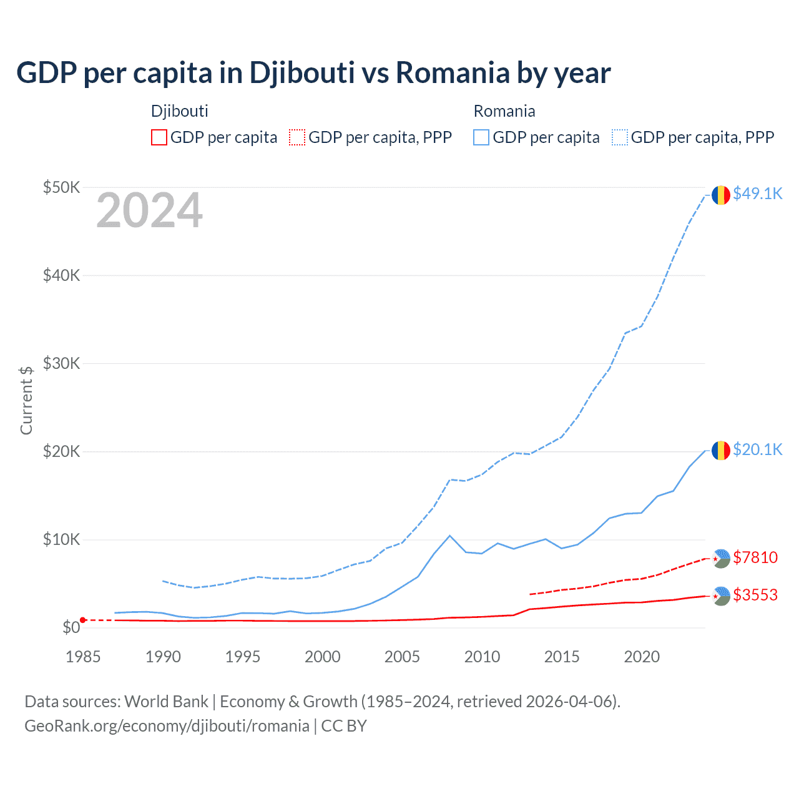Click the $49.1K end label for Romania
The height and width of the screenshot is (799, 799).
[757, 194]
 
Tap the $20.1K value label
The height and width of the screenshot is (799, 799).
[757, 450]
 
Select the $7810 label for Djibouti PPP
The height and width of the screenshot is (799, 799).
[755, 557]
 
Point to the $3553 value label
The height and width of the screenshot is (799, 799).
[755, 595]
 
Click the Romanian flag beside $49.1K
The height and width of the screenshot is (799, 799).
[721, 195]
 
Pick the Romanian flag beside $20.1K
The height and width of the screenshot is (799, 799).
[721, 450]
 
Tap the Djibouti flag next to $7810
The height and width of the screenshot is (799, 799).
[721, 558]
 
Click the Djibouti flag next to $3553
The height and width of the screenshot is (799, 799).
[721, 596]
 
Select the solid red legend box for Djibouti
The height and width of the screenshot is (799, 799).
[159, 137]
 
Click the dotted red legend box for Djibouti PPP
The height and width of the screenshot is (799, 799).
[297, 137]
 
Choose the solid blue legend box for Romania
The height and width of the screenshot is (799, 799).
[481, 137]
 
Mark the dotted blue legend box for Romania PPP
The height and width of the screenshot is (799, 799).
[620, 137]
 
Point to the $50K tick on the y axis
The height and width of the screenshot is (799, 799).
[61, 187]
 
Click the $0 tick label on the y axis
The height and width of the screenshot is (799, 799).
[71, 627]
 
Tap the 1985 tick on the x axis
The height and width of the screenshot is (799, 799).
[83, 657]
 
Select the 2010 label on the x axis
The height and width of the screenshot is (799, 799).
[482, 657]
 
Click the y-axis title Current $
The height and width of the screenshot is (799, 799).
[26, 400]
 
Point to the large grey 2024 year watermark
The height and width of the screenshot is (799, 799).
[149, 211]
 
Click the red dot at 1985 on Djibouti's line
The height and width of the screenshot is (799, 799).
[83, 620]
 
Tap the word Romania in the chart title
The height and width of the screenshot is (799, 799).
[453, 72]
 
